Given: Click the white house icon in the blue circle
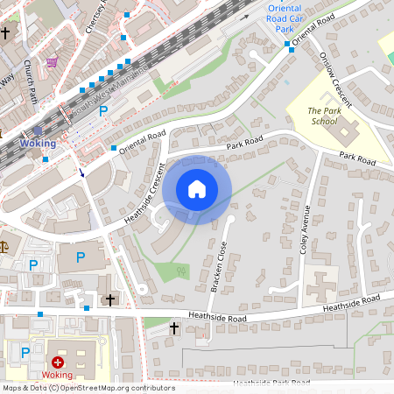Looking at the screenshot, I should pos(197,189).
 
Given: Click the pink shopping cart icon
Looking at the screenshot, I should pos(52,62).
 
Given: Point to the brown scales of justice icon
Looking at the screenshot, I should pos(4,248).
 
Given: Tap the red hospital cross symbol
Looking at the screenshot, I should pos(58,362).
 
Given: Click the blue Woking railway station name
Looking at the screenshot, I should pos(38,143).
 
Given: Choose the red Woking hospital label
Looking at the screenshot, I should pos(58,376).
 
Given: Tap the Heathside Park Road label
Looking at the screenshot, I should pos(271,383).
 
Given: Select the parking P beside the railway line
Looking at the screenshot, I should pos(103,110).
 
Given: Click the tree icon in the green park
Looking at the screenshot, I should pos(182,271).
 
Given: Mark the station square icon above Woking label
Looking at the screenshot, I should pos(38,130).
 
